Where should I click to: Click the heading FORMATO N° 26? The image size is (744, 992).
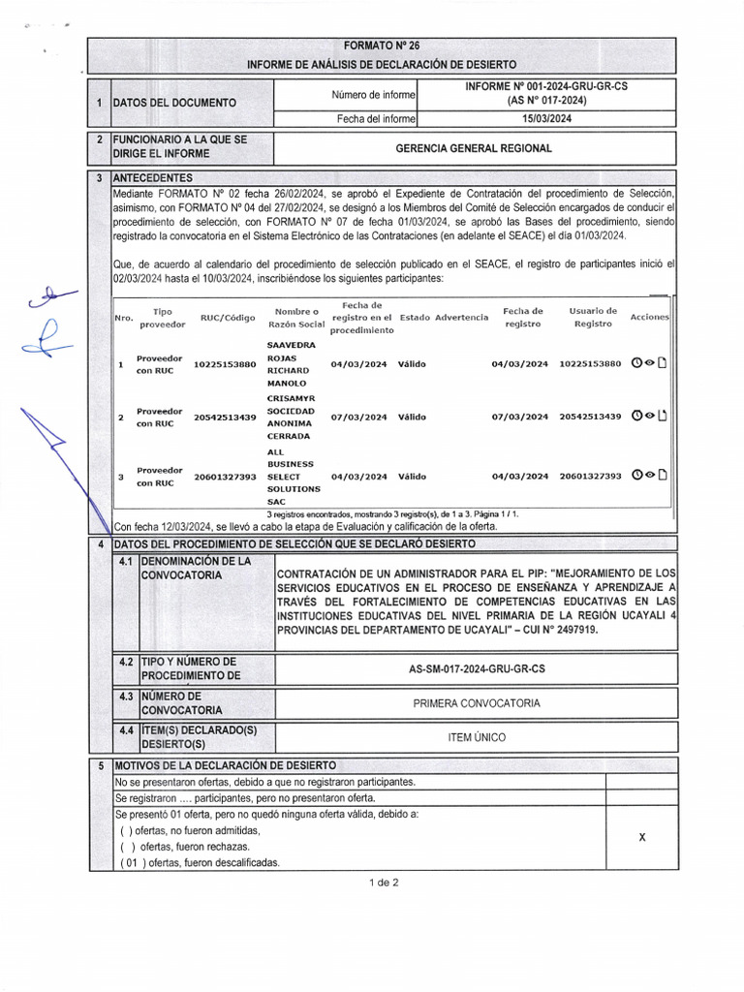[382, 46]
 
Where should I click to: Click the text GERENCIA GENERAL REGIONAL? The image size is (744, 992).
[474, 148]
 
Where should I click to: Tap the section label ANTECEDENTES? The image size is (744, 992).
[152, 178]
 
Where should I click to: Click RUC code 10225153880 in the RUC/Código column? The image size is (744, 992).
[225, 364]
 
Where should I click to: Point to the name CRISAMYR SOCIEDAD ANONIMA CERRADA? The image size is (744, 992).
[292, 417]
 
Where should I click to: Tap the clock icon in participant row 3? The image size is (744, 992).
[636, 476]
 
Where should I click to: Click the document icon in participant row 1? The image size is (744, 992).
[663, 364]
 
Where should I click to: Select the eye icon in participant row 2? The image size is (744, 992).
[650, 417]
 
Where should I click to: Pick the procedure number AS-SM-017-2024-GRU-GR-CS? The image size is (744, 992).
[476, 669]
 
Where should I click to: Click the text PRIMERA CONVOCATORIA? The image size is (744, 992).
[476, 703]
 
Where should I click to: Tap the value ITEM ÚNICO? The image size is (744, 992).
[476, 737]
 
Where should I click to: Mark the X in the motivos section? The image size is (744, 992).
[642, 837]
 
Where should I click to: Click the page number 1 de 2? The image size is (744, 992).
[384, 882]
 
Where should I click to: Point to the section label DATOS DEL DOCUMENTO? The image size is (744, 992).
[173, 103]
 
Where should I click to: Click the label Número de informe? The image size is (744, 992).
[373, 95]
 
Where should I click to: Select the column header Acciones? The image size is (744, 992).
[649, 318]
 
